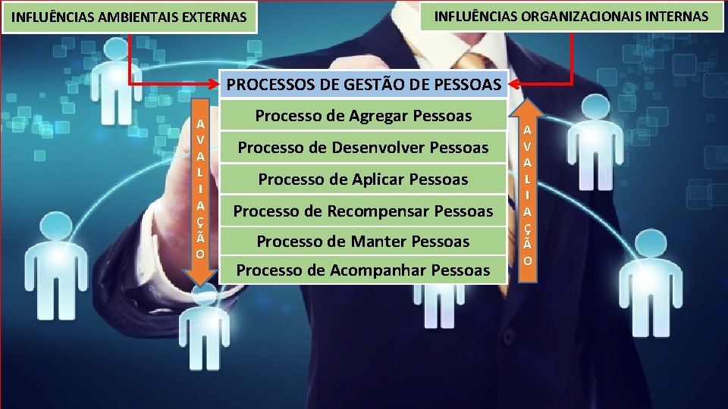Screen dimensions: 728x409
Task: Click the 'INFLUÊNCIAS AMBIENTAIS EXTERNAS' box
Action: point(130,17)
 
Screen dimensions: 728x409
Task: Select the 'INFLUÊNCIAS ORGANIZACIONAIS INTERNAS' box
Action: point(572,16)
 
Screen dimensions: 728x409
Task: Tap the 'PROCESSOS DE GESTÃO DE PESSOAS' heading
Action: point(364,85)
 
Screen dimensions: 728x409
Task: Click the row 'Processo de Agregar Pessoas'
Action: point(363,116)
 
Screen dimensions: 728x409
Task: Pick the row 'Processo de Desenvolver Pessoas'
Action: point(363,147)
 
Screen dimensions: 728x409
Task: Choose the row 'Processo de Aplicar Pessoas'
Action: point(363,180)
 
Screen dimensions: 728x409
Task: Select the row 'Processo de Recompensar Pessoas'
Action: point(363,211)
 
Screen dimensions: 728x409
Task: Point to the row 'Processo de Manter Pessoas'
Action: point(363,242)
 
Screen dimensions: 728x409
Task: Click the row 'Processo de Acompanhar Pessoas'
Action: point(363,270)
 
